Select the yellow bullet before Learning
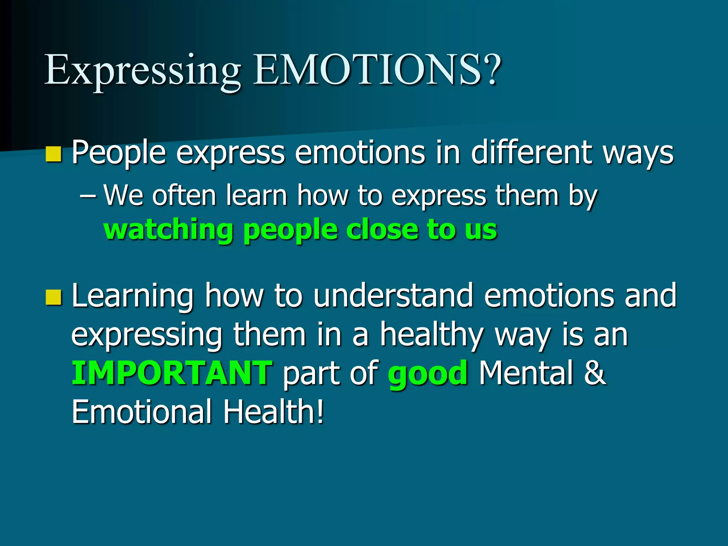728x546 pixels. point(54,297)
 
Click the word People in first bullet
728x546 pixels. point(119,154)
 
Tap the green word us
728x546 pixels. point(481,230)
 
